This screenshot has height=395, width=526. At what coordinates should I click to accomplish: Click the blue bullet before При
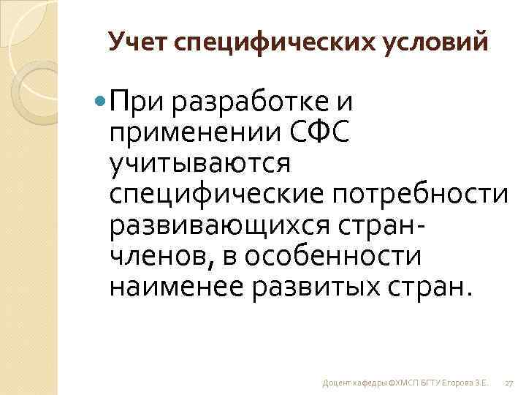100,101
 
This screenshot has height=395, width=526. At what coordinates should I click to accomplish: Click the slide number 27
509,383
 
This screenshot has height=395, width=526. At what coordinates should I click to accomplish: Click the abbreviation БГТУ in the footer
422,383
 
